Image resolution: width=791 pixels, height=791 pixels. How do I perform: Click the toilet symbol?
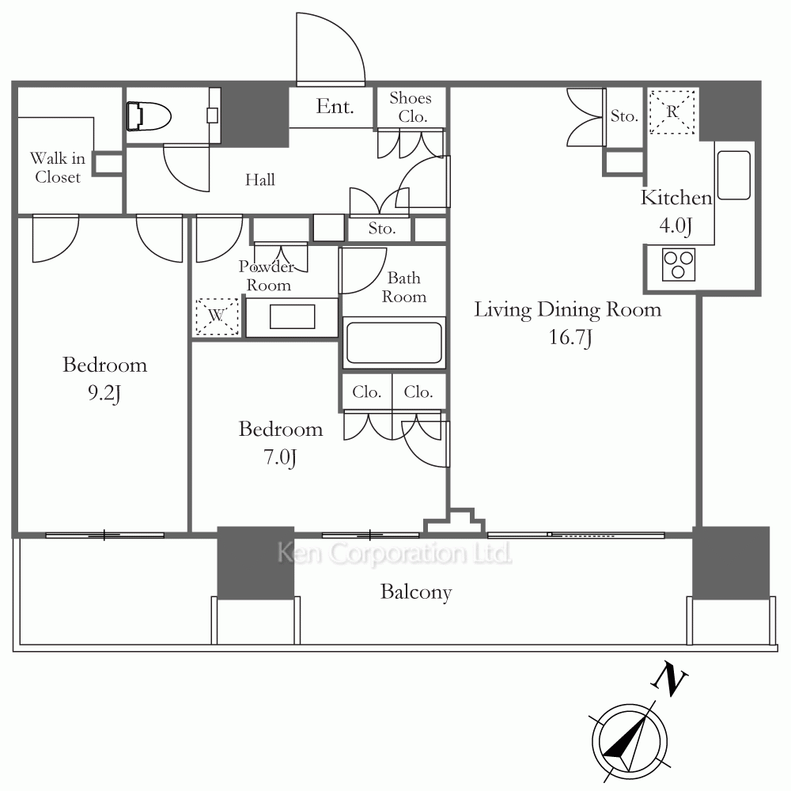point(149,116)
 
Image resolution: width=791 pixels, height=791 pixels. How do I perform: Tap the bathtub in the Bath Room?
point(394,343)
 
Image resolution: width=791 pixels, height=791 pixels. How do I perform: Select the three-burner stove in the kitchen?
point(678,264)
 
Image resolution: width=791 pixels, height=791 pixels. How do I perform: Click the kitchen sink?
point(733,175)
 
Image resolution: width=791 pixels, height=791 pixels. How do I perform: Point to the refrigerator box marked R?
point(672,112)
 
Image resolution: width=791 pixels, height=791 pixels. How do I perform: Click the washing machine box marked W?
point(217,316)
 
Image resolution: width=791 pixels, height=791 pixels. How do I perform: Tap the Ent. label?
point(335,107)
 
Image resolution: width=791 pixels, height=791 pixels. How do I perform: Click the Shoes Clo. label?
point(411,107)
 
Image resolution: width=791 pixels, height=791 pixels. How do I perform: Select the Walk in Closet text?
point(58,168)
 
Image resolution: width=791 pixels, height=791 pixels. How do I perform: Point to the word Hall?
point(260,180)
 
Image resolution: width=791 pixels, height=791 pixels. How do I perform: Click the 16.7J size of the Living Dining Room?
point(570,338)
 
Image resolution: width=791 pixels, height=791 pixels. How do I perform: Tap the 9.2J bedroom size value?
point(104,393)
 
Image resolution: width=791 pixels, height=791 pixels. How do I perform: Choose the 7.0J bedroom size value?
point(280,457)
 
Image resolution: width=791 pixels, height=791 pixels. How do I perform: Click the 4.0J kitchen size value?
point(676,225)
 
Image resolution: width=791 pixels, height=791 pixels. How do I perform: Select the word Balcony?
point(416,592)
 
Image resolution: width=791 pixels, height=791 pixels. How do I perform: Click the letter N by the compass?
point(669,679)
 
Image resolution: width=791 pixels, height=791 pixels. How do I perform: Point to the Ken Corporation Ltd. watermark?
point(395,554)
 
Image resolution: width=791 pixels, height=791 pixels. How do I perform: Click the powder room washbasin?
point(292,317)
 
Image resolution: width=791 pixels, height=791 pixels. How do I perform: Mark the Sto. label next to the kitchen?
point(625,116)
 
